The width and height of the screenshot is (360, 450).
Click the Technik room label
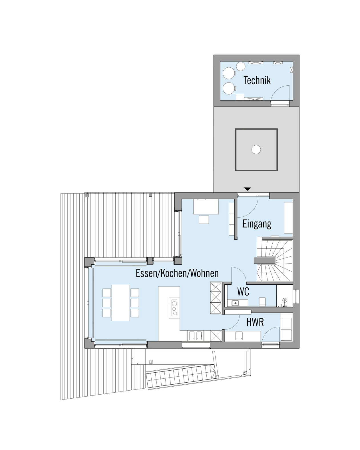point(257,80)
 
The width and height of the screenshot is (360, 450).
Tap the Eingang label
point(257,224)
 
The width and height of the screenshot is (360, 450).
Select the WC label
point(243,292)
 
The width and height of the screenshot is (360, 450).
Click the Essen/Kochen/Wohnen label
point(177,273)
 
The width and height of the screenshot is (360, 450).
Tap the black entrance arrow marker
point(248,189)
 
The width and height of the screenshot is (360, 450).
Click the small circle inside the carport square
point(256,150)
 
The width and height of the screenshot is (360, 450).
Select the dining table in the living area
point(121,302)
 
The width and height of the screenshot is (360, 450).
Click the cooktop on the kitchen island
point(174,308)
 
